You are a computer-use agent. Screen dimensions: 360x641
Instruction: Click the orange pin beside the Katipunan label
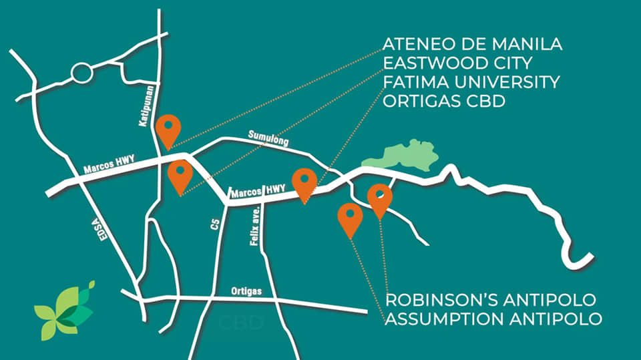tap(168, 128)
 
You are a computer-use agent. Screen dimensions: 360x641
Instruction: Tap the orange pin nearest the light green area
tap(380, 198)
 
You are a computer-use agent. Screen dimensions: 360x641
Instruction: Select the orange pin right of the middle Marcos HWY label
tap(304, 182)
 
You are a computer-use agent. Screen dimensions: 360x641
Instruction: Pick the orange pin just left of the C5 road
tap(180, 174)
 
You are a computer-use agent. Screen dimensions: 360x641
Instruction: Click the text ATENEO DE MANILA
tap(472, 45)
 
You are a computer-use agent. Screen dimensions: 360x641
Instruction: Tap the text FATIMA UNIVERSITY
tap(471, 83)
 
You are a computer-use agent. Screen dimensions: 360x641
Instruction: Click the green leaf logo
tap(65, 311)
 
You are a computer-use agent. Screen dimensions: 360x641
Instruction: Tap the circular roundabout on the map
tap(82, 72)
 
